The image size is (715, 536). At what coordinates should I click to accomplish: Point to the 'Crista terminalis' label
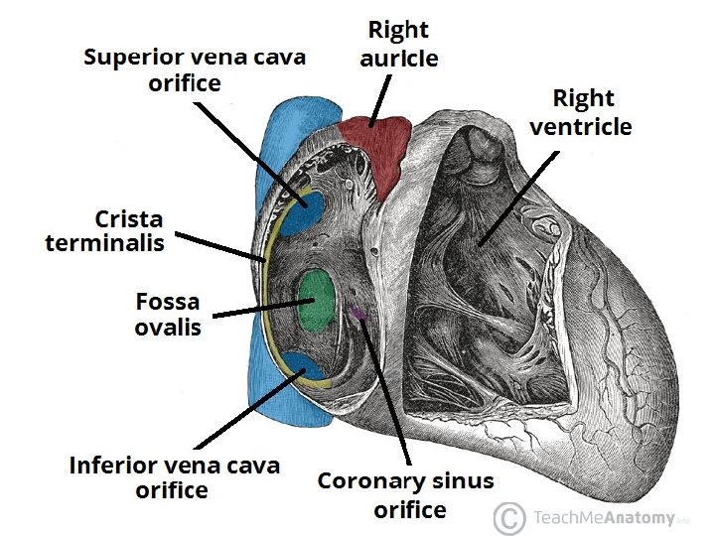(x=104, y=230)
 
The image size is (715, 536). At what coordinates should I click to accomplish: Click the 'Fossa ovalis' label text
(x=167, y=314)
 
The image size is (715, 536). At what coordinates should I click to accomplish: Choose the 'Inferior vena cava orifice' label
(x=174, y=476)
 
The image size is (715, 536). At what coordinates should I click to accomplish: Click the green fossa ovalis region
(x=317, y=298)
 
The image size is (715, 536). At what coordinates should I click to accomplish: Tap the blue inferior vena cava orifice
(x=305, y=368)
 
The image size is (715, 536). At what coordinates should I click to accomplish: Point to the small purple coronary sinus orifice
(x=357, y=316)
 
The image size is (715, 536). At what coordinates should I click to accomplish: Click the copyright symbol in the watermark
(x=508, y=517)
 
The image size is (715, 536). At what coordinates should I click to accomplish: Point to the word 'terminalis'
(x=104, y=243)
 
